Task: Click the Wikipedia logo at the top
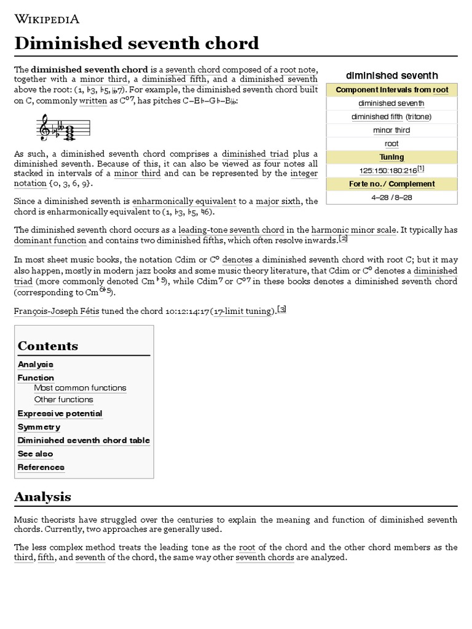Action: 55,18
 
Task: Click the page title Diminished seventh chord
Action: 136,44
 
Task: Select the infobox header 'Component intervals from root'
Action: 391,90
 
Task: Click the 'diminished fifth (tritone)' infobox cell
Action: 391,117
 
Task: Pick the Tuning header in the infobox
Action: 391,157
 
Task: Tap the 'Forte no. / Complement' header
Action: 391,184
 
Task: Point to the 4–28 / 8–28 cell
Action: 391,197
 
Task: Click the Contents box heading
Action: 48,346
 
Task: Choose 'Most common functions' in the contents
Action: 80,388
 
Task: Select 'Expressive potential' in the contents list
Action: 60,413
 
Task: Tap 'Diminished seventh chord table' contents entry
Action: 84,440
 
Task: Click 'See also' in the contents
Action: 35,454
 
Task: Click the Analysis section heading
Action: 42,496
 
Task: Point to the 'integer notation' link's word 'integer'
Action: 303,174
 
